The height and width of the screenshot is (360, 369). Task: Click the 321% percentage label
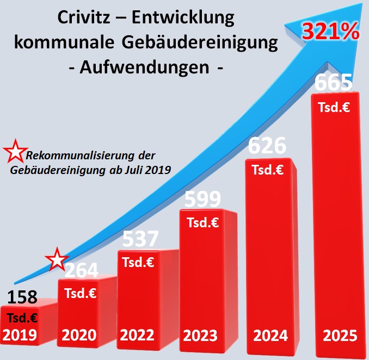click(x=331, y=32)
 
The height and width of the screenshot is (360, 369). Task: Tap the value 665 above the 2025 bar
click(x=334, y=83)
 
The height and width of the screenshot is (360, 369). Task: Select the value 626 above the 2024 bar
click(x=267, y=146)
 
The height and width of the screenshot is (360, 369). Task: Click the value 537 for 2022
click(x=140, y=239)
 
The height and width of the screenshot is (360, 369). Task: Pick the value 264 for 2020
click(x=82, y=270)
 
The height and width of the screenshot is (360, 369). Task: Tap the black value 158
click(x=22, y=297)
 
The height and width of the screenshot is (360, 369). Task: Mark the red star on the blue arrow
click(x=57, y=259)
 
